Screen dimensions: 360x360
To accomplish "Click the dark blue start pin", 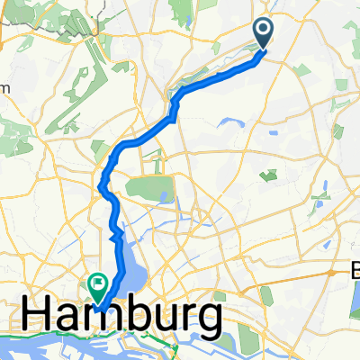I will (x=264, y=32).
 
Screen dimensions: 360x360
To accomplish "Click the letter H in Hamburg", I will (x=38, y=317).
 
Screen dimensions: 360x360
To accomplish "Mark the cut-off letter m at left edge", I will (x=4, y=87).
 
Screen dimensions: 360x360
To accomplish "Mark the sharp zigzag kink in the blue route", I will (x=115, y=236).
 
